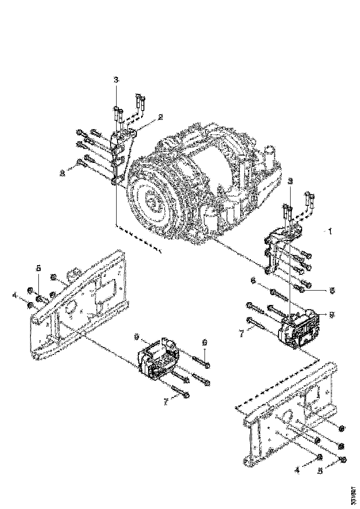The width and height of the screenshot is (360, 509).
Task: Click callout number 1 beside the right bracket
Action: tap(330, 230)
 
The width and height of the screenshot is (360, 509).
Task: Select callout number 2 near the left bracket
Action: tap(161, 117)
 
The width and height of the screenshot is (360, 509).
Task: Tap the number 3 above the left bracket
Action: tap(116, 80)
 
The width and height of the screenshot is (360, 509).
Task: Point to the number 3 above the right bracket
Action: tap(290, 180)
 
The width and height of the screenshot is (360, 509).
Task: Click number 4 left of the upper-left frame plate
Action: tap(27, 294)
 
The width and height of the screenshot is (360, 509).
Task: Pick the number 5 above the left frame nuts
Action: tap(39, 268)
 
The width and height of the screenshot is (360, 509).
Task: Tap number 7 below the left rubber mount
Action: tap(165, 402)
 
